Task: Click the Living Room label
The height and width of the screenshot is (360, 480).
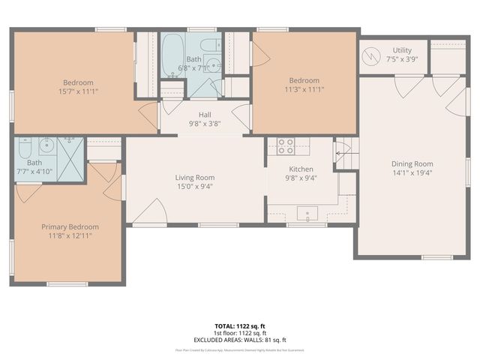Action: tap(194, 178)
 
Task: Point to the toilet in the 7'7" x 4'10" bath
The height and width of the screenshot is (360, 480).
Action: tap(26, 145)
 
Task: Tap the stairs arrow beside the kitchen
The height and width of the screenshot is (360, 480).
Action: tap(344, 154)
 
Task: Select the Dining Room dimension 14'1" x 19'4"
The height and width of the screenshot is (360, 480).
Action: tap(412, 173)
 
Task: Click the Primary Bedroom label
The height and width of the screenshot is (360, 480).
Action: tap(70, 226)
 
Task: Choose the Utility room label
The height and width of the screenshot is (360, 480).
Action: tap(397, 51)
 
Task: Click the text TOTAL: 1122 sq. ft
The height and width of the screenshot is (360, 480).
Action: tap(240, 326)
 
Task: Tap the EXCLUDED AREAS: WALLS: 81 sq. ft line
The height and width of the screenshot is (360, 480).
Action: tap(240, 340)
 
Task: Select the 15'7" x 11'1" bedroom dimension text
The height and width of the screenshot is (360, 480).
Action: tap(78, 91)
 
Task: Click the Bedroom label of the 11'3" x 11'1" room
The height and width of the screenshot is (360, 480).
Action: tap(304, 81)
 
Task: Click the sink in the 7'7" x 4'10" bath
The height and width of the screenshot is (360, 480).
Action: tap(46, 144)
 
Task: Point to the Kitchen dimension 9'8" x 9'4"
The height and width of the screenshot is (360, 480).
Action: tap(301, 178)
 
